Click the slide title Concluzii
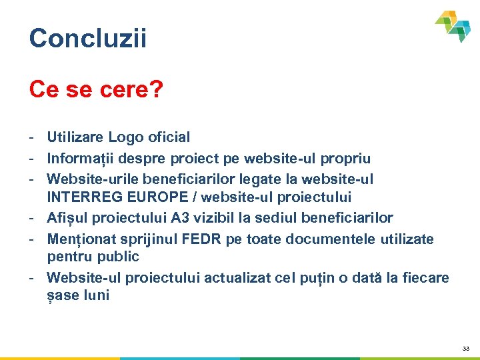(x=87, y=38)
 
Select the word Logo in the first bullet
(x=125, y=137)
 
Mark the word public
(x=119, y=257)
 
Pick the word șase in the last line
(x=62, y=296)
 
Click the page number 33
(x=465, y=349)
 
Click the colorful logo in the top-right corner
(x=454, y=25)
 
